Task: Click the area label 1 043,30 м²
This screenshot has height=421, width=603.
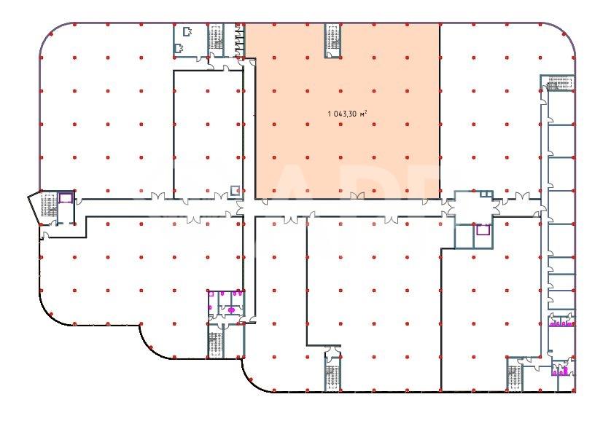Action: click(347, 114)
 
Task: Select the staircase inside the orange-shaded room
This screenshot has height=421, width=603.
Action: click(333, 40)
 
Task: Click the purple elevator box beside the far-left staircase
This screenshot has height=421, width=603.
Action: click(66, 198)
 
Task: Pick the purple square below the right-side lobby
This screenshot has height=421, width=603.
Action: click(483, 229)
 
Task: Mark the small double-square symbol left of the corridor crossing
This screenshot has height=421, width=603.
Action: click(235, 190)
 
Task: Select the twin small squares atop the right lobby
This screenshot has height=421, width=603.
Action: click(486, 194)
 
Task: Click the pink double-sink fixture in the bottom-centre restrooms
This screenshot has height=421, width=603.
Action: click(232, 310)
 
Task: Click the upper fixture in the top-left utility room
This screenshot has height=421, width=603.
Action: click(187, 31)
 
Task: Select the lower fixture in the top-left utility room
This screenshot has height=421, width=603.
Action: click(179, 48)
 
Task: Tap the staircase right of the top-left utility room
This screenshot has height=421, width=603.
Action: click(216, 40)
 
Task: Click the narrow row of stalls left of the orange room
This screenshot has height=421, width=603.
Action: click(239, 40)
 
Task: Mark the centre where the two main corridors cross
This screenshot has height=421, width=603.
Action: click(249, 208)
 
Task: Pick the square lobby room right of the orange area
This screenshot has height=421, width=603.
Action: click(473, 208)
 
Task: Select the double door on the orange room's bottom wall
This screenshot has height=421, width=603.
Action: click(357, 196)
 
